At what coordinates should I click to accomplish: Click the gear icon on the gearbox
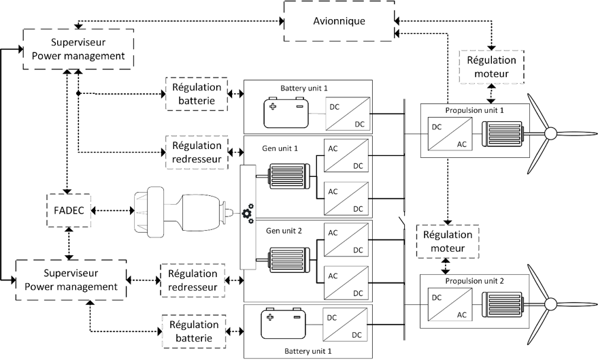tap(247, 215)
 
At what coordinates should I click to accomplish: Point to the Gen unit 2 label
tap(280, 231)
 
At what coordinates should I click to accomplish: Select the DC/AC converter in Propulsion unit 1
tap(448, 133)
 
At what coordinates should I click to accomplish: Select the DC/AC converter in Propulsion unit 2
tap(448, 305)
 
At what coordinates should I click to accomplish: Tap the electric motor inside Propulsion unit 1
tap(501, 133)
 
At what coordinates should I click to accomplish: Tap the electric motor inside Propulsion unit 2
tap(501, 305)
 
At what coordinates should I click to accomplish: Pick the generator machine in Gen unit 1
tap(289, 175)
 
